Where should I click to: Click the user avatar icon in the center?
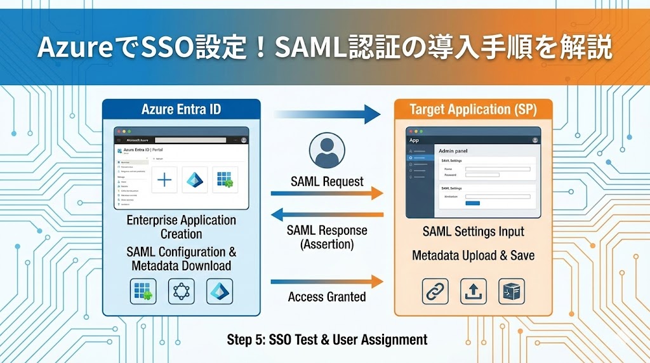[327, 150]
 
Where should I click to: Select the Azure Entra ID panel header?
[182, 109]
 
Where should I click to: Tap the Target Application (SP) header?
[473, 109]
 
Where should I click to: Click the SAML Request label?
[327, 181]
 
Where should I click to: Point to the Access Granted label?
[327, 296]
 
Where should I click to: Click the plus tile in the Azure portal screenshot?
[164, 180]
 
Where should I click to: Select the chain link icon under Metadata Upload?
[435, 291]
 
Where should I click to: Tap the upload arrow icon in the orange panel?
[473, 291]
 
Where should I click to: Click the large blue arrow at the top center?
[327, 114]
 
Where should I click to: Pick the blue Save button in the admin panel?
[472, 203]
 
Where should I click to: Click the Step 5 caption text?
[327, 340]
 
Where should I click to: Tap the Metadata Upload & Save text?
[473, 256]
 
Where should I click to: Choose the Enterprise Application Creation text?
[182, 227]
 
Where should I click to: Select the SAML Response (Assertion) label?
[327, 237]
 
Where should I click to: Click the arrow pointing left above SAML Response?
[327, 214]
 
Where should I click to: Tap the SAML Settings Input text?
[473, 232]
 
